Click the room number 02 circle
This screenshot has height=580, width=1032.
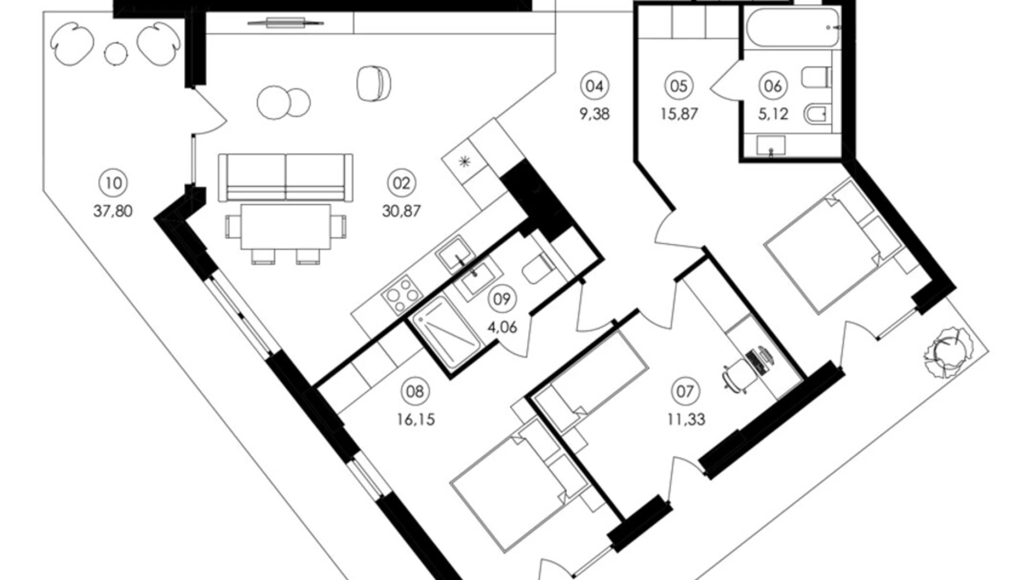(401, 183)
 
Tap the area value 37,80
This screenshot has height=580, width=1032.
(113, 211)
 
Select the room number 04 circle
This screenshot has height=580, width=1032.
(595, 86)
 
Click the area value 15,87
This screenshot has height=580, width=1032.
(679, 114)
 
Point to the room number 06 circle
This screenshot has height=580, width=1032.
(773, 86)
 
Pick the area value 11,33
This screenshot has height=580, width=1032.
(686, 419)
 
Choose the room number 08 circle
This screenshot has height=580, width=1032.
(414, 391)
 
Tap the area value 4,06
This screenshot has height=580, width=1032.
(502, 327)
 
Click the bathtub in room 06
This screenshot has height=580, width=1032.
(792, 27)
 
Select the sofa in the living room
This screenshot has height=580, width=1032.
(286, 177)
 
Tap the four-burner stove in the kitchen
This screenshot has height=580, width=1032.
(400, 294)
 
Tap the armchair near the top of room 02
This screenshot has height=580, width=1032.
(373, 84)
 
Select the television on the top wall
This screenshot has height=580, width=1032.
(285, 23)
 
